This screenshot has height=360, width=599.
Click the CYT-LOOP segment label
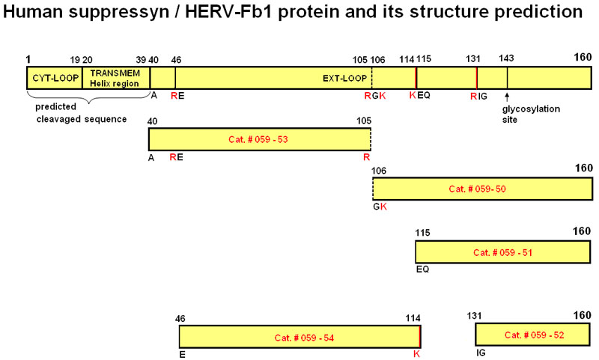[55, 78]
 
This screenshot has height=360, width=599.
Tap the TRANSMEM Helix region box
[116, 78]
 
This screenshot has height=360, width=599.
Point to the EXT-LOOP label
[344, 79]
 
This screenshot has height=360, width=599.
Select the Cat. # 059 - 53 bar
[260, 139]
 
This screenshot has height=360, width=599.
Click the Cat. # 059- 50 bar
[483, 189]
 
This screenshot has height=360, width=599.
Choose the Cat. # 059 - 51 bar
[503, 252]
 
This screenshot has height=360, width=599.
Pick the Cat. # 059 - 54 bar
[300, 337]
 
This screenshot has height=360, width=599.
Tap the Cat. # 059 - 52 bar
[532, 335]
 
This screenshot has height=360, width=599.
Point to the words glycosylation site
[531, 115]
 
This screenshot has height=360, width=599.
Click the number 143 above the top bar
[506, 58]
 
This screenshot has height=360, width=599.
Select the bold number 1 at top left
[28, 59]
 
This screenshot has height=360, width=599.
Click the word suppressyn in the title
[119, 12]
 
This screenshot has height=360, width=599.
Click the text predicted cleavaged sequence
[82, 113]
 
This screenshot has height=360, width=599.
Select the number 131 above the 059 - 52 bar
[474, 316]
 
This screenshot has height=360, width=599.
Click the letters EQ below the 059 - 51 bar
[422, 269]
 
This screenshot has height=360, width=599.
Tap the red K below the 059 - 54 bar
[417, 354]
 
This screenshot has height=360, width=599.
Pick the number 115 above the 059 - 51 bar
[422, 233]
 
